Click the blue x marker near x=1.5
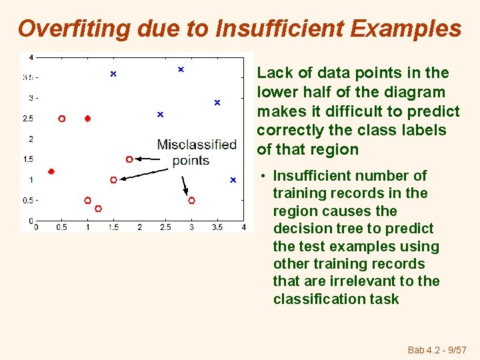pos(113,73)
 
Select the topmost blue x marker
pos(181,69)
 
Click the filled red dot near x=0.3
pos(51,171)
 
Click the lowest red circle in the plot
pos(98,209)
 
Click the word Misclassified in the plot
pos(197,145)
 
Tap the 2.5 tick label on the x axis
pos(165,227)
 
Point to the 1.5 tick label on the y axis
pos(29,159)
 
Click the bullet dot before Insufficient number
pos(264,177)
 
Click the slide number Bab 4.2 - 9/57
pos(437,350)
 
